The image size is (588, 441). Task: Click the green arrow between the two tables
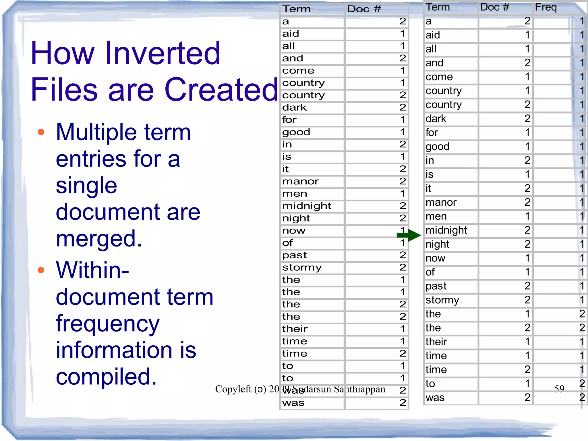coord(409,235)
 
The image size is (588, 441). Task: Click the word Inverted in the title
coord(163,53)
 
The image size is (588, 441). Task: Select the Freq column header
coord(546,7)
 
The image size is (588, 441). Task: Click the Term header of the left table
coord(297,9)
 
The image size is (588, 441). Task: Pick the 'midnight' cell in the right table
coord(446,230)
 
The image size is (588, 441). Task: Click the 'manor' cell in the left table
coord(300,181)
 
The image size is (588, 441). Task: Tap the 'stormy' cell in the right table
coord(442,300)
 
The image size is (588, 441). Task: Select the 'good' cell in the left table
coord(296,132)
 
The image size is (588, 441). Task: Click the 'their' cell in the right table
coord(436,342)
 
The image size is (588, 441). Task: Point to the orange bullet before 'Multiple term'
coord(41,132)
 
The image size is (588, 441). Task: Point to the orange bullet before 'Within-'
coord(41,270)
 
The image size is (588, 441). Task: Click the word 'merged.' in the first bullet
coord(99,238)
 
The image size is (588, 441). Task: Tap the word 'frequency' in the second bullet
coord(107,323)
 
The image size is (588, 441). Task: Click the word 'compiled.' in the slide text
coord(106,376)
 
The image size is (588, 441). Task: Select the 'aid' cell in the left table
coord(291,34)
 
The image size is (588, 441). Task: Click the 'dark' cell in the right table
coord(436,119)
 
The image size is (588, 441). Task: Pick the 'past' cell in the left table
coord(294,255)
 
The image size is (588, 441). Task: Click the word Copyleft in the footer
coord(233,389)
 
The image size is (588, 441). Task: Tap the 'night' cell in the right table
coord(437,244)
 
